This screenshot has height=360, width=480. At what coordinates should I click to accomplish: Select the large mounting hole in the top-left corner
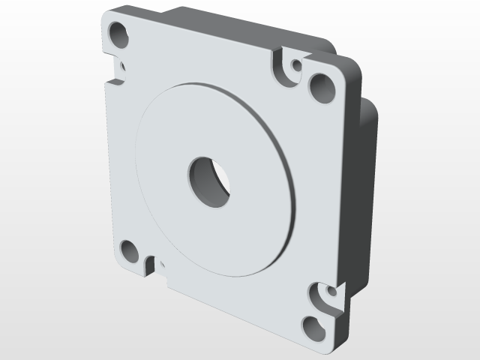click(x=118, y=34)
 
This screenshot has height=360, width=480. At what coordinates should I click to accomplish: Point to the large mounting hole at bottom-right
click(x=315, y=326)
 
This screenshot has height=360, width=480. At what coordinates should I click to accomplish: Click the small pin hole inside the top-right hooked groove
click(x=296, y=66)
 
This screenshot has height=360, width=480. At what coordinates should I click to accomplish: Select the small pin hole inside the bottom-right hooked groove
click(x=328, y=289)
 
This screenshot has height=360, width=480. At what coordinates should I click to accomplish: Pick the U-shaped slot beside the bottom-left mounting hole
click(x=150, y=265)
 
